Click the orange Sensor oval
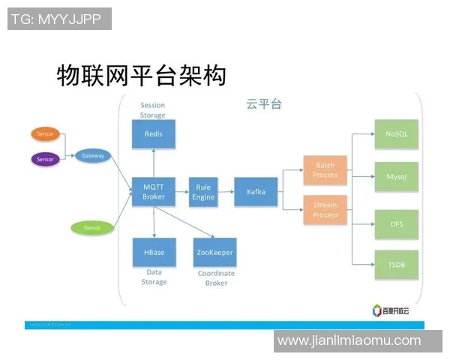45,134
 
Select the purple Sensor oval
45,159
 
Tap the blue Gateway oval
93,156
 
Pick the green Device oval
92,227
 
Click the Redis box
154,134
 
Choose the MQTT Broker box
154,192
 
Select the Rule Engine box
203,192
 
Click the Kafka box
256,192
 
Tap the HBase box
154,253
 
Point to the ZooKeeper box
214,253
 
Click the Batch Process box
325,170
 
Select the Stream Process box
325,210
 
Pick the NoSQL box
396,134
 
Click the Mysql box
396,177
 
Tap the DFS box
396,223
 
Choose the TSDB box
396,265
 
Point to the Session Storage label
152,110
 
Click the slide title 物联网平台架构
141,75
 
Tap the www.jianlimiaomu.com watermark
349,340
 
